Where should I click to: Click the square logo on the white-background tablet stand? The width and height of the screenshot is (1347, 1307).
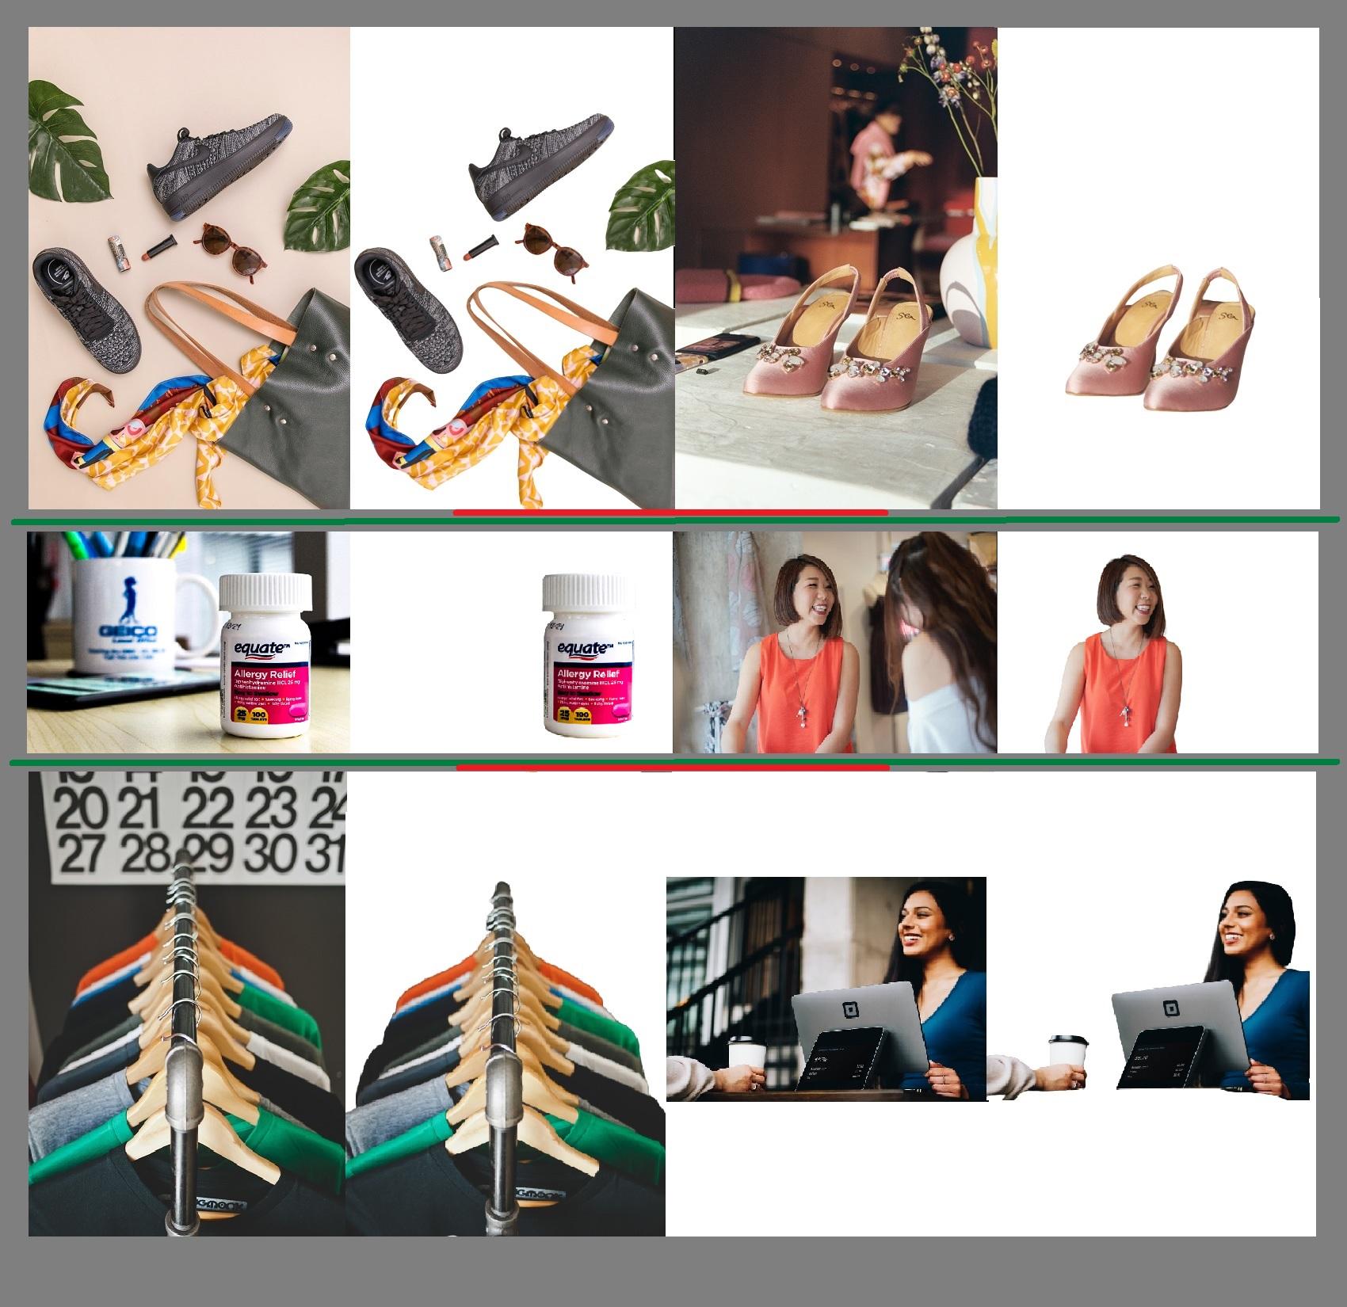1167,1009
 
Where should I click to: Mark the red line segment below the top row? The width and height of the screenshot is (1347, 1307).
670,513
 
